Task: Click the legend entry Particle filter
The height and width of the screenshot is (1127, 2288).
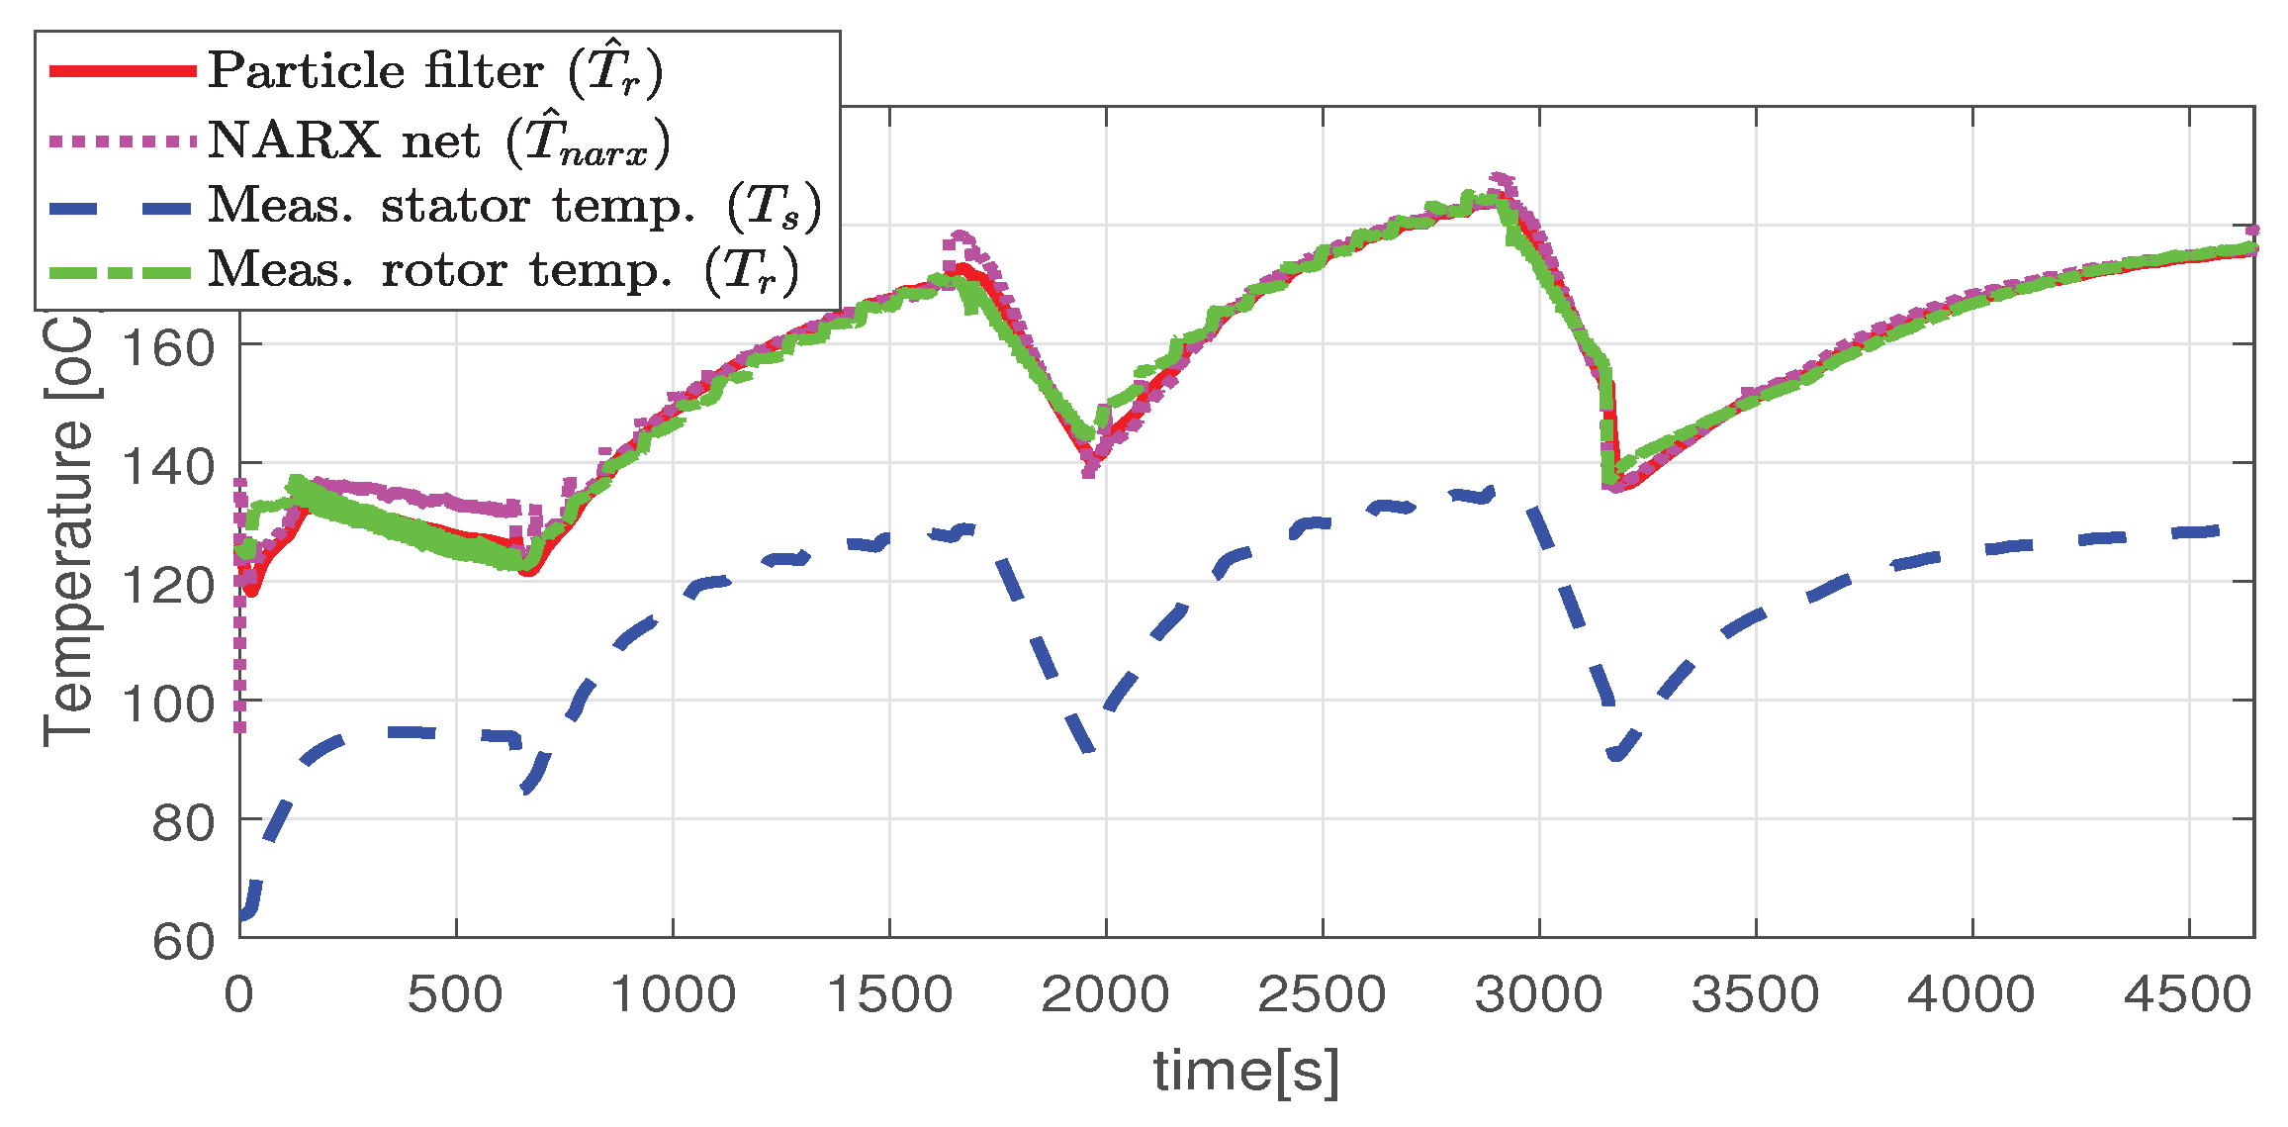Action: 435,71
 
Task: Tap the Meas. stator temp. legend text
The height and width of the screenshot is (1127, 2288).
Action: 513,207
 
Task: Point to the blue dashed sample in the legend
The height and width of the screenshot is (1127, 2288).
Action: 123,207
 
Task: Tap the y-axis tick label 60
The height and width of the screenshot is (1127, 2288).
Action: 183,941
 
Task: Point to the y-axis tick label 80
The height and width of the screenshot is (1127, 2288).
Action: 183,822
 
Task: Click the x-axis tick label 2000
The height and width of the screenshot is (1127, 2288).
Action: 1105,994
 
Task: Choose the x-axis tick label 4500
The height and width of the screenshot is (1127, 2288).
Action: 2188,994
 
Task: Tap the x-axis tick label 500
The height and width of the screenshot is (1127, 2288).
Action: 455,994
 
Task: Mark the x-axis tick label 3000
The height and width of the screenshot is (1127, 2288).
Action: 1538,994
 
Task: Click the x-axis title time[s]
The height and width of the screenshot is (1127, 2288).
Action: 1246,1072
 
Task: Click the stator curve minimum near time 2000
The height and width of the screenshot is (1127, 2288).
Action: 1088,748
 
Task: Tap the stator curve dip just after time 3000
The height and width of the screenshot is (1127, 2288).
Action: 1616,755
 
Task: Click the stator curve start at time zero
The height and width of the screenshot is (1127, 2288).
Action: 242,915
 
